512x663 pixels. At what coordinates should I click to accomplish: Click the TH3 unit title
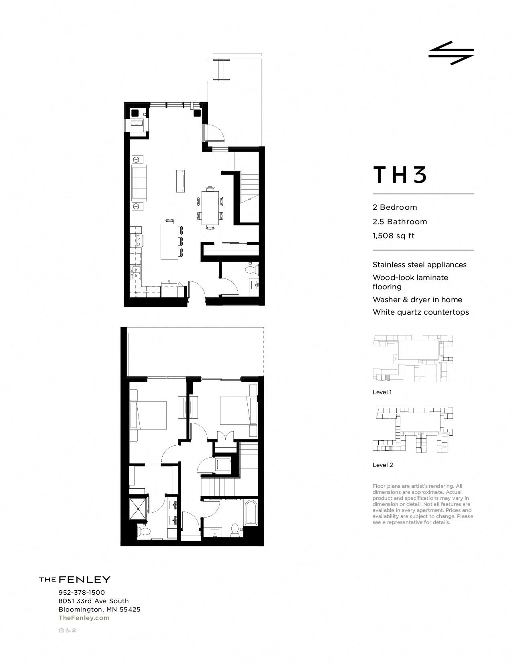pos(400,175)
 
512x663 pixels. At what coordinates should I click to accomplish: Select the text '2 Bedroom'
pos(395,207)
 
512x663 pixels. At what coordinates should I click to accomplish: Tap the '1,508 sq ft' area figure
pos(393,236)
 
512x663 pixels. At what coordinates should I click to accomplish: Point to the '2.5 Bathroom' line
pos(400,221)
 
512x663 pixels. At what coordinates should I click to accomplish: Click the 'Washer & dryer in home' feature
pos(417,299)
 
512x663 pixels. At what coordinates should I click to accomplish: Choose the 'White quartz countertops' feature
pos(420,312)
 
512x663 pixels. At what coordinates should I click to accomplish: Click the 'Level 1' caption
pos(382,392)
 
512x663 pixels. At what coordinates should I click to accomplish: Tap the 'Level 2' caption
pos(382,465)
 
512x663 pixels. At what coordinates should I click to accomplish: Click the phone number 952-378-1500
pos(82,592)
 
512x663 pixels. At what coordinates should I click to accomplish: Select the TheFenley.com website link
pos(84,618)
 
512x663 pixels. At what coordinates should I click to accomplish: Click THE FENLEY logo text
pos(75,579)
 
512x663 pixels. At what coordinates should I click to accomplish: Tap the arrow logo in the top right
pos(451,53)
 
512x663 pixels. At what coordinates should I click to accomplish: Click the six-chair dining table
pos(210,207)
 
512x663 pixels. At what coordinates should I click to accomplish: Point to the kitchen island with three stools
pos(169,241)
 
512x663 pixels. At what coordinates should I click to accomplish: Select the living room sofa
pos(139,183)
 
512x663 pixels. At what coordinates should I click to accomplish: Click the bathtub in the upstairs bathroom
pos(251,512)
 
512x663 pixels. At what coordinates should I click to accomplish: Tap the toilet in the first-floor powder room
pos(253,268)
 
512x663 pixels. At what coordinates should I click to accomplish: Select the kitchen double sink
pos(136,272)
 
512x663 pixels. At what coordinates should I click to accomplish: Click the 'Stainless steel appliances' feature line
pos(419,265)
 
